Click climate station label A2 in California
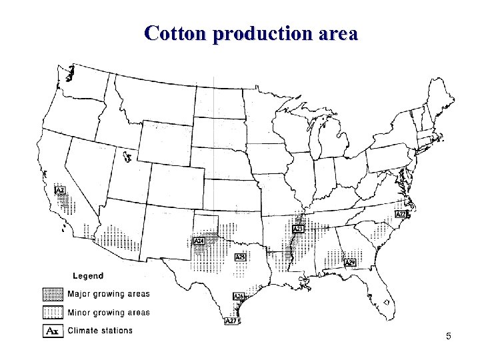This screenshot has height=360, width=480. pyautogui.click(x=60, y=191)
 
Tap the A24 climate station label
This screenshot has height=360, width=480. pyautogui.click(x=199, y=241)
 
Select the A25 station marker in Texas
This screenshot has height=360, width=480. pyautogui.click(x=241, y=257)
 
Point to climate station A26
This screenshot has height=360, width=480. pyautogui.click(x=238, y=296)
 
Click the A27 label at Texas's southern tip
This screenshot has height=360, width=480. pyautogui.click(x=231, y=321)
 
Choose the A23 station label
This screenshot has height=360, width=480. pyautogui.click(x=298, y=229)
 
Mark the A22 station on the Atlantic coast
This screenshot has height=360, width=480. pyautogui.click(x=401, y=215)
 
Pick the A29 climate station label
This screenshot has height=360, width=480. pyautogui.click(x=350, y=263)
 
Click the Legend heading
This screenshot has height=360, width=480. pyautogui.click(x=87, y=276)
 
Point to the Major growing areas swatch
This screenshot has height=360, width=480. pyautogui.click(x=53, y=294)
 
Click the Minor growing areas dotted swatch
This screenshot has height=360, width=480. pyautogui.click(x=53, y=312)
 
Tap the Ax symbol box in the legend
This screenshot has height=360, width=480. pyautogui.click(x=53, y=331)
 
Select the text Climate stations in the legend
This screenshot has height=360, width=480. pyautogui.click(x=100, y=331)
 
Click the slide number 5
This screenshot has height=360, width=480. pyautogui.click(x=449, y=336)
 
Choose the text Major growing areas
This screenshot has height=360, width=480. pyautogui.click(x=108, y=294)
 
